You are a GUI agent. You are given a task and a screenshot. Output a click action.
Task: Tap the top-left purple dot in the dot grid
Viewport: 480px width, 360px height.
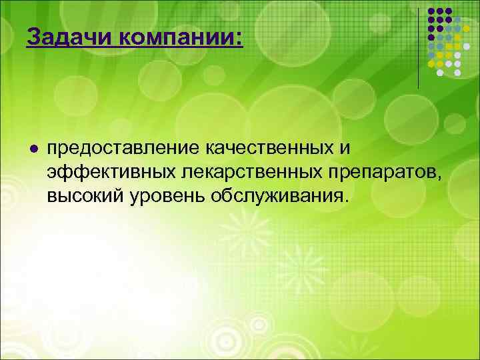point(431,11)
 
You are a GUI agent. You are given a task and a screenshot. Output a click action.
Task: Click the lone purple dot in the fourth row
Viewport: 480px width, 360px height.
point(431,37)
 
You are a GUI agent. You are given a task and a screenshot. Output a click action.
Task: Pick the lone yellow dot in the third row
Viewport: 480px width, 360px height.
point(466,29)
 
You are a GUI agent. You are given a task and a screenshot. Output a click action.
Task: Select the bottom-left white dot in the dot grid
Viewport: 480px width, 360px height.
point(440,73)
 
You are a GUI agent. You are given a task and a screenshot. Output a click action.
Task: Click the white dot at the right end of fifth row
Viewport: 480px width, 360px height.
point(466,46)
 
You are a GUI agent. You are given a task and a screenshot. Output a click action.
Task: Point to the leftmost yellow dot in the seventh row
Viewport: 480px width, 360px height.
point(431,64)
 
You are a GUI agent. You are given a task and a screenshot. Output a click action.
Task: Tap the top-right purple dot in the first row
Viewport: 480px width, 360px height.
point(449,11)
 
